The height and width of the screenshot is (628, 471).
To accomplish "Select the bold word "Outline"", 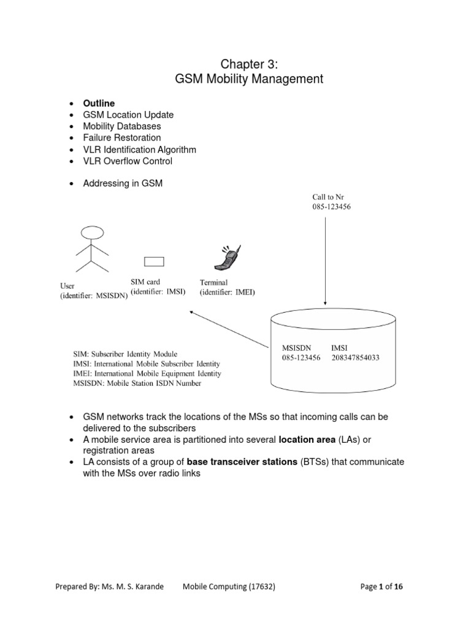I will tap(99, 103).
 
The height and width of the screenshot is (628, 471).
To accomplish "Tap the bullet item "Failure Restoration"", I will tap(121, 138).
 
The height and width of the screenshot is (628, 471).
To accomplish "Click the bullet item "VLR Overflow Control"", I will tap(128, 161).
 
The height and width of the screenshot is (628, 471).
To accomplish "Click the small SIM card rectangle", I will tap(154, 262).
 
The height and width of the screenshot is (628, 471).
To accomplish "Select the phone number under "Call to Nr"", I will tap(332, 207).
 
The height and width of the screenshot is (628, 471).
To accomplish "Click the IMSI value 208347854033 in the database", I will tap(356, 358).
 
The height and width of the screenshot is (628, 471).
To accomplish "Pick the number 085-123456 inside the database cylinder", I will tap(301, 358).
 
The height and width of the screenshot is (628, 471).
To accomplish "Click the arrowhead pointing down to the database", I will tap(326, 301).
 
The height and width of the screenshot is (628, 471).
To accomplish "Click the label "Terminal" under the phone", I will tap(213, 282).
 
